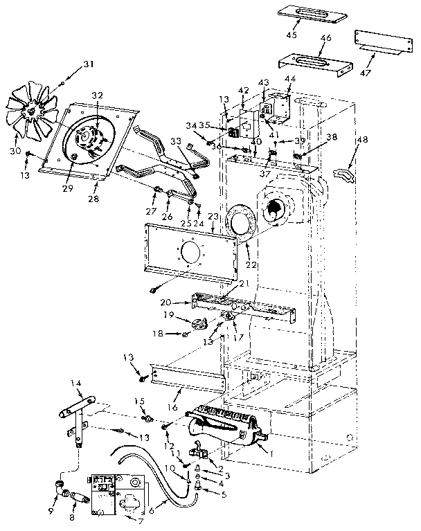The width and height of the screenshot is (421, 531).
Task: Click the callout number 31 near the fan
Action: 88,64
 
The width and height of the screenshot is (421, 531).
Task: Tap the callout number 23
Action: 214,217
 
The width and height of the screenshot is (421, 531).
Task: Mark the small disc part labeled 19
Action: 201,322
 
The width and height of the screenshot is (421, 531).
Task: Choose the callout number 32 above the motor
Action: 97,96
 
